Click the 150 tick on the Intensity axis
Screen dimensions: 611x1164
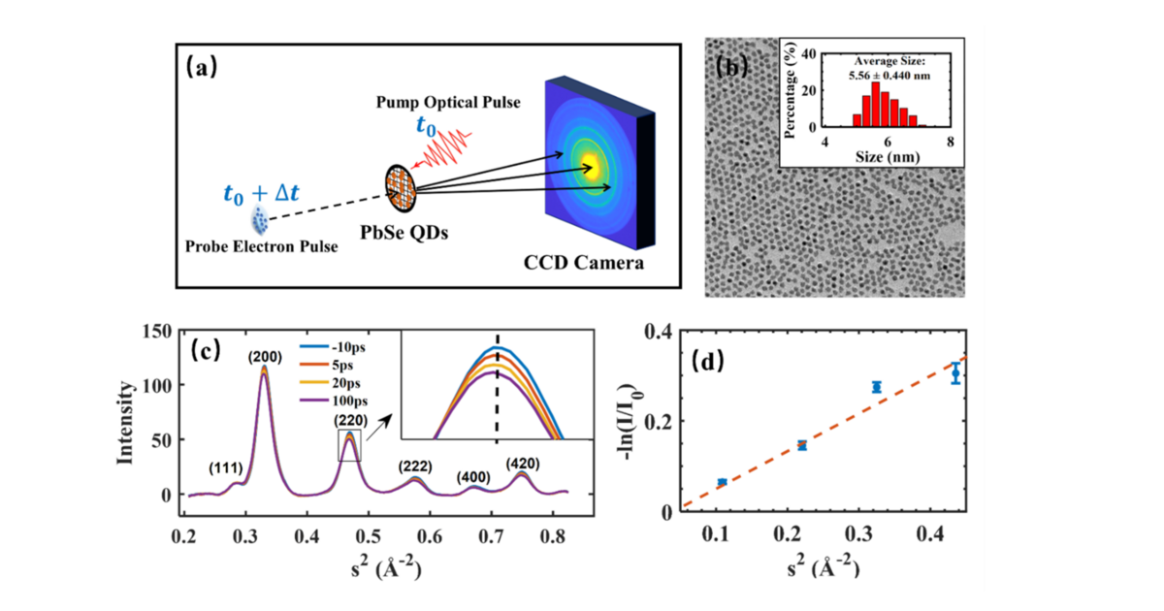pos(158,333)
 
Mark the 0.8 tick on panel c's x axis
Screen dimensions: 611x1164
pos(553,534)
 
